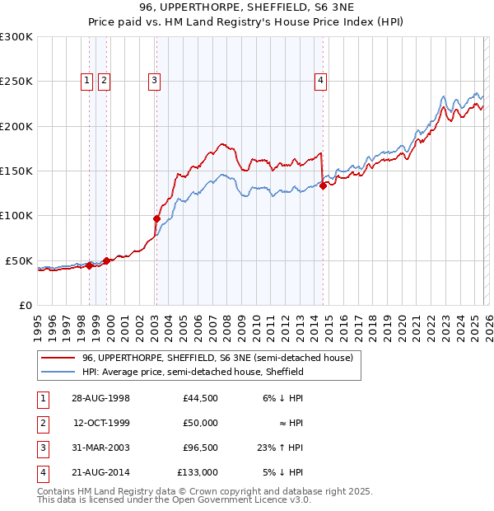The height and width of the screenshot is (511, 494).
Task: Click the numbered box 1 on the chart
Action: click(86, 80)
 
